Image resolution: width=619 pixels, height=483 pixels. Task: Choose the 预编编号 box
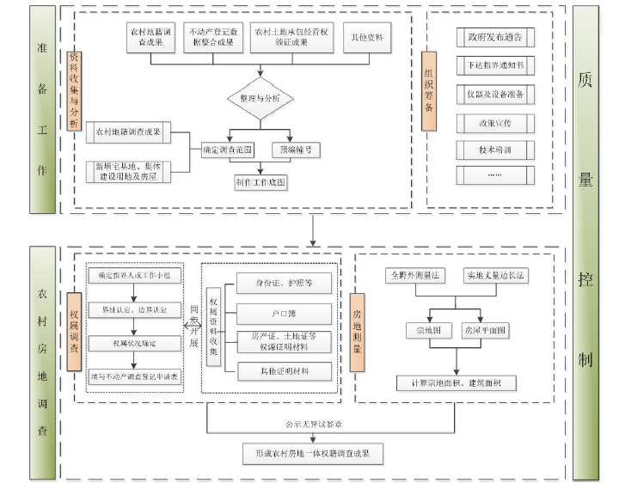coord(293,150)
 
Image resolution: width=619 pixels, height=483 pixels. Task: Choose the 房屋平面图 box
coord(486,330)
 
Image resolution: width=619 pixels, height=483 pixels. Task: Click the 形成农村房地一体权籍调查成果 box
coord(311,452)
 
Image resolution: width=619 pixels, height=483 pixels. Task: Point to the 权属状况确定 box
coord(134,344)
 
